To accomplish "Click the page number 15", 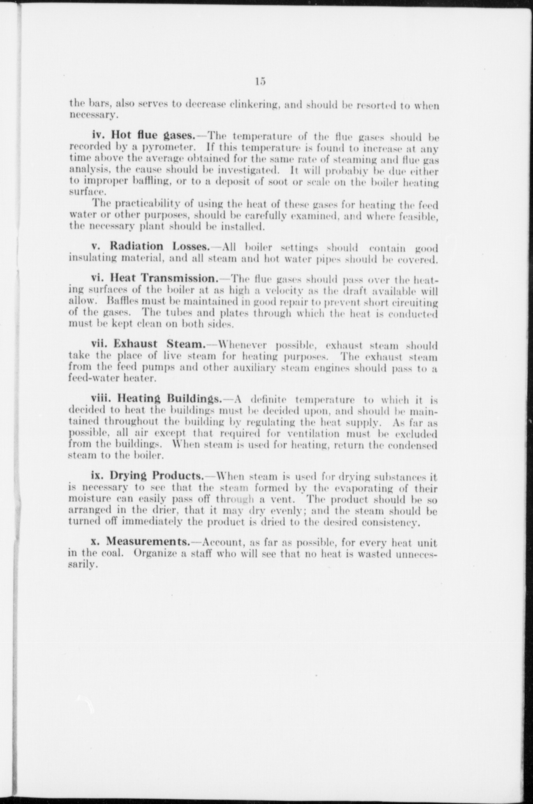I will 261,82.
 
